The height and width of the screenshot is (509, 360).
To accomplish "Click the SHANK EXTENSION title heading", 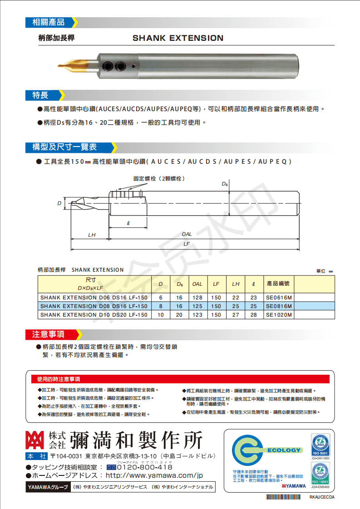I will click(178, 38).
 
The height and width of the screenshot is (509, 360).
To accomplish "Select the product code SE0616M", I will click(278, 298).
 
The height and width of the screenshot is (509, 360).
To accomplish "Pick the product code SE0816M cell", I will click(278, 306).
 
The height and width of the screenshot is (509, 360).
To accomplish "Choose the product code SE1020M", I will click(278, 314).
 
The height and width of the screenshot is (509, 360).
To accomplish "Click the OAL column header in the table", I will click(197, 284).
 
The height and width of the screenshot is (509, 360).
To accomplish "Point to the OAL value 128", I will click(197, 298).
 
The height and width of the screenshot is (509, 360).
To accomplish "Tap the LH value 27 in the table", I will click(236, 314).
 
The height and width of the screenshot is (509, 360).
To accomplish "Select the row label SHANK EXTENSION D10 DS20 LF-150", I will click(94, 314).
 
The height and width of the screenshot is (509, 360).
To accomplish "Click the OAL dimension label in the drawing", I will click(187, 234).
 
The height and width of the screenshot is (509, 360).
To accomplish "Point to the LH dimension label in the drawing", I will click(92, 235).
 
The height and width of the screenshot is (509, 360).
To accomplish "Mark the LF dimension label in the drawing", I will click(187, 244).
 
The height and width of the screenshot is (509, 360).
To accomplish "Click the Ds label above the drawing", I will click(224, 184).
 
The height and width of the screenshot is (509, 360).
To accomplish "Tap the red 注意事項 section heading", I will click(48, 334).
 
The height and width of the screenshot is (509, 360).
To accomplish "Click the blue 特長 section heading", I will click(40, 95).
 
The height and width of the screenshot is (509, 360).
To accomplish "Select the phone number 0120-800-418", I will click(145, 467).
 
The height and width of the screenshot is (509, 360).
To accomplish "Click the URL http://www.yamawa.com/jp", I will click(154, 475).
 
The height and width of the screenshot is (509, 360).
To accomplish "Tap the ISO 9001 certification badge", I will click(320, 445).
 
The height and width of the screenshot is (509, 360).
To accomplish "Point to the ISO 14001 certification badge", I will click(320, 474).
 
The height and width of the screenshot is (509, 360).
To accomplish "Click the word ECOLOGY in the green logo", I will click(284, 450).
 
